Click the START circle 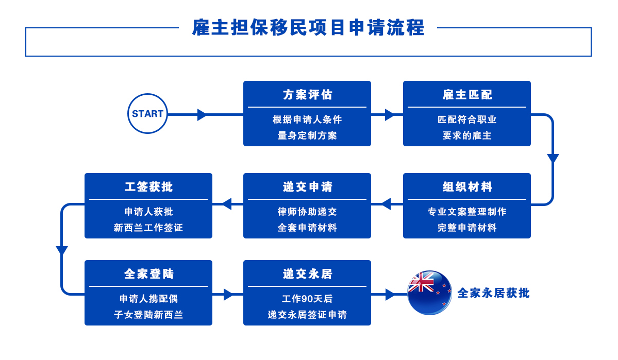[147, 114]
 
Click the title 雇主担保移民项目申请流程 [308, 27]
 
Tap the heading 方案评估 [307, 95]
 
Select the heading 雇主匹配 [467, 95]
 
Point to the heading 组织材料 [467, 187]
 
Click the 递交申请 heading [307, 187]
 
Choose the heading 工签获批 [148, 187]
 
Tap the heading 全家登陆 [148, 274]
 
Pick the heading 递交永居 [307, 274]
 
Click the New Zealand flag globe [429, 293]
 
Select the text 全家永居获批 [493, 293]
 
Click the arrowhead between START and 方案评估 [202, 114]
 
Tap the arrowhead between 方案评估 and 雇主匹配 [390, 114]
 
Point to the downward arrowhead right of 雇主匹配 [553, 159]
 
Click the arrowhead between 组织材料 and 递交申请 [385, 204]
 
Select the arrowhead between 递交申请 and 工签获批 [226, 204]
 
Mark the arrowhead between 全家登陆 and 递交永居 [229, 295]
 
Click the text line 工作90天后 [307, 299]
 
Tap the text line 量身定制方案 [307, 135]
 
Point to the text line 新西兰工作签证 [148, 228]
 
